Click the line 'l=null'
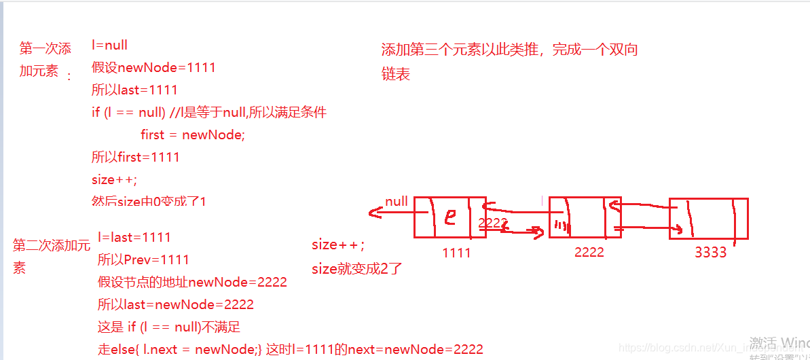[109, 46]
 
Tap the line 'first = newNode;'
[192, 134]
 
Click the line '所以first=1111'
[135, 157]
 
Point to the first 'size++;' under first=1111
[114, 179]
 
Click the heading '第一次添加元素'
[45, 59]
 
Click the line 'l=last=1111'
[134, 237]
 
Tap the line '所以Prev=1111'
[143, 259]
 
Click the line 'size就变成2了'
[357, 268]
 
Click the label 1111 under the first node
[456, 252]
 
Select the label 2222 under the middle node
[589, 252]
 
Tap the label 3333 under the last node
[710, 253]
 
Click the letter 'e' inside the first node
[449, 217]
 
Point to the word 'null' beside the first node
[397, 201]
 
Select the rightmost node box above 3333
[708, 219]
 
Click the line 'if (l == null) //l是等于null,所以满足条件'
[209, 112]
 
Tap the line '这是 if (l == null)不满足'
[169, 327]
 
